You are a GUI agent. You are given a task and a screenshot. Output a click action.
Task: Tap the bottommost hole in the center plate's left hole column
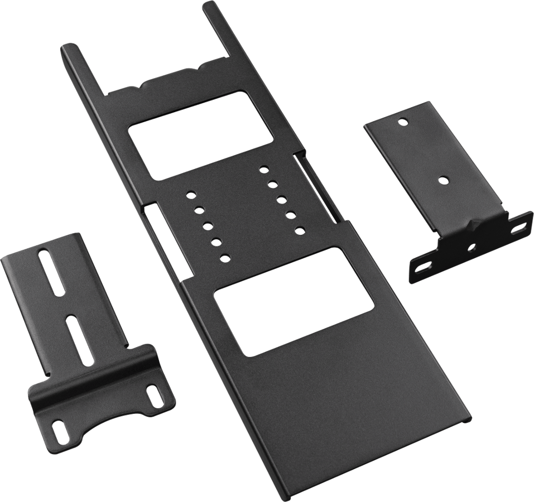[225, 257]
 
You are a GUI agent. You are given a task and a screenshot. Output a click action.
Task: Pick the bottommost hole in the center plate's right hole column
[299, 229]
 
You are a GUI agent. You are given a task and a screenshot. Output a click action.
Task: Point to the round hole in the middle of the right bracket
[442, 180]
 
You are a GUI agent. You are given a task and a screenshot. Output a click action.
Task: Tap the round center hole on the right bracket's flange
[473, 245]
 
